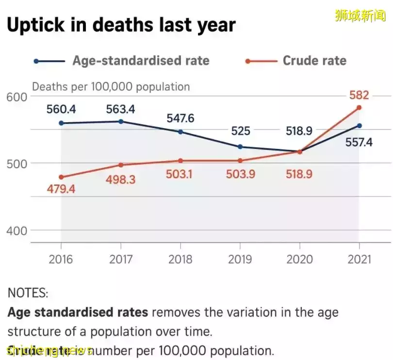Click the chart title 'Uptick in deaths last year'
pyautogui.click(x=121, y=25)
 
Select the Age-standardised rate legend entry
pyautogui.click(x=141, y=61)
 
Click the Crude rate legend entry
pyautogui.click(x=314, y=61)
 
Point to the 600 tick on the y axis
pyautogui.click(x=16, y=97)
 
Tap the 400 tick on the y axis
pyautogui.click(x=16, y=231)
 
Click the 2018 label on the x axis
pyautogui.click(x=180, y=259)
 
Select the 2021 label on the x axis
pyautogui.click(x=359, y=259)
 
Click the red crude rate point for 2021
pyautogui.click(x=359, y=108)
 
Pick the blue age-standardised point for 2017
pyautogui.click(x=121, y=121)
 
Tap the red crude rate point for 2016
pyautogui.click(x=61, y=177)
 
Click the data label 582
pyautogui.click(x=359, y=95)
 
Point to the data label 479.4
pyautogui.click(x=61, y=189)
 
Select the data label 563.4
pyautogui.click(x=121, y=110)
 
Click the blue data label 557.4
pyautogui.click(x=359, y=143)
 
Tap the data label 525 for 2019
pyautogui.click(x=240, y=131)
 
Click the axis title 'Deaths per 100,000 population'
pyautogui.click(x=111, y=87)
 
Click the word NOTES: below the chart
pyautogui.click(x=28, y=293)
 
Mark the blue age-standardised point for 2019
pyautogui.click(x=240, y=147)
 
